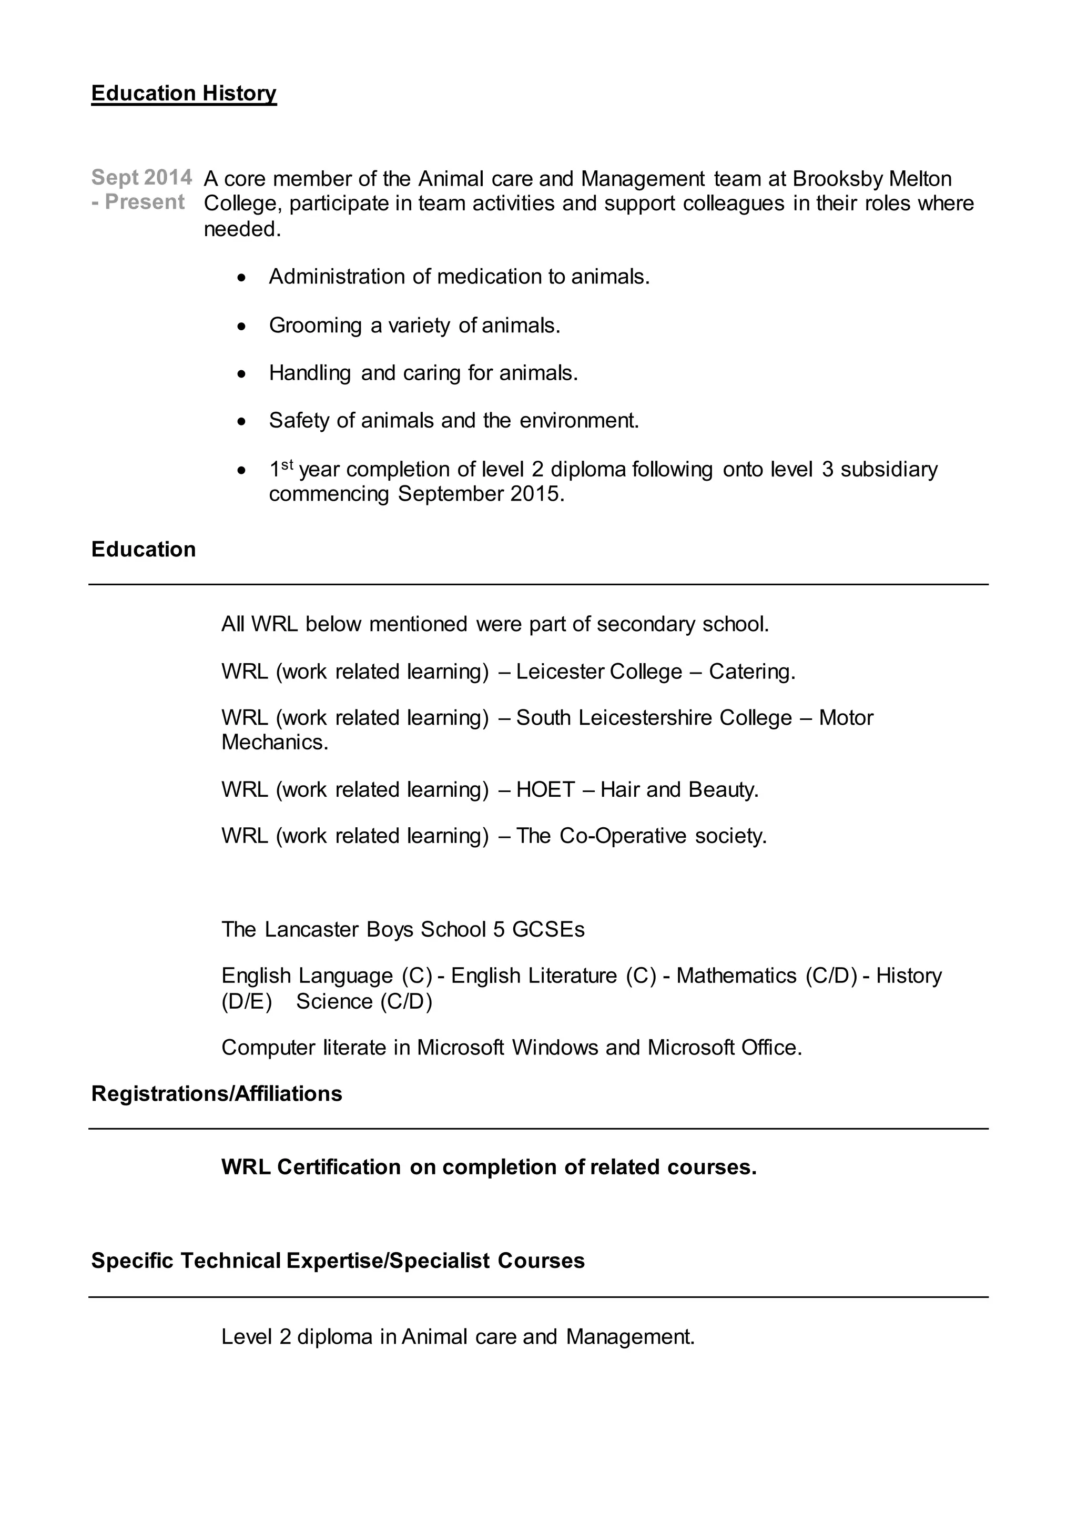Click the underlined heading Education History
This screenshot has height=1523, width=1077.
click(184, 94)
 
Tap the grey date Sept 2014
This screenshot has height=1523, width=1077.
click(141, 178)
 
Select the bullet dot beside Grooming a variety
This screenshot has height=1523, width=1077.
click(242, 327)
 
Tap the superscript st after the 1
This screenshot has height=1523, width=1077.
click(287, 465)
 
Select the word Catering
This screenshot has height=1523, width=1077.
click(751, 672)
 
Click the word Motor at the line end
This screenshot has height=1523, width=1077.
click(846, 718)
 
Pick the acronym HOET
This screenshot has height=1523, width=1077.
click(545, 790)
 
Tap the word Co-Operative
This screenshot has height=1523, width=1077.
click(622, 836)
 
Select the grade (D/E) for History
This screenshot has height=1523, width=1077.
click(247, 1002)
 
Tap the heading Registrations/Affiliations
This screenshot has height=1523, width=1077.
click(216, 1094)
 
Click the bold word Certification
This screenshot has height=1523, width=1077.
click(338, 1167)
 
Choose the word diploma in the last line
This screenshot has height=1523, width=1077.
click(334, 1337)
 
